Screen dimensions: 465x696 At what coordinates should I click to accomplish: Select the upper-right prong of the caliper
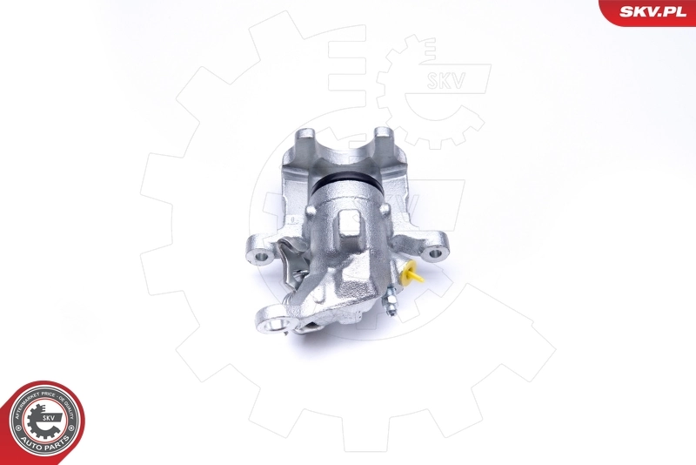point(385,139)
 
